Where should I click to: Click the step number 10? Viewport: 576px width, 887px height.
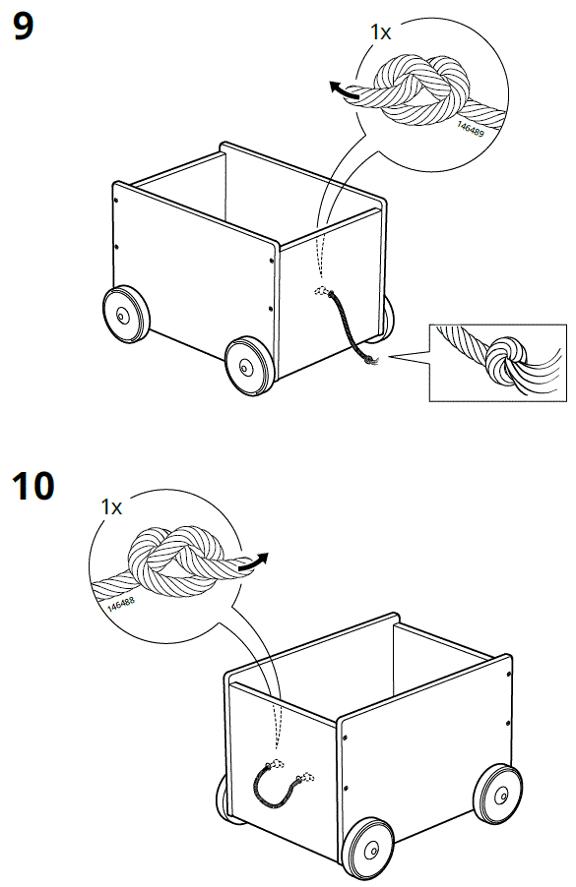[33, 485]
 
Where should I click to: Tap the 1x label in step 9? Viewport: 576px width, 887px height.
[380, 32]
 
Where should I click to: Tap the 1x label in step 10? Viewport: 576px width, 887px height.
[110, 507]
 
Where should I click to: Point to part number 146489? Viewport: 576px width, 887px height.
[471, 127]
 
